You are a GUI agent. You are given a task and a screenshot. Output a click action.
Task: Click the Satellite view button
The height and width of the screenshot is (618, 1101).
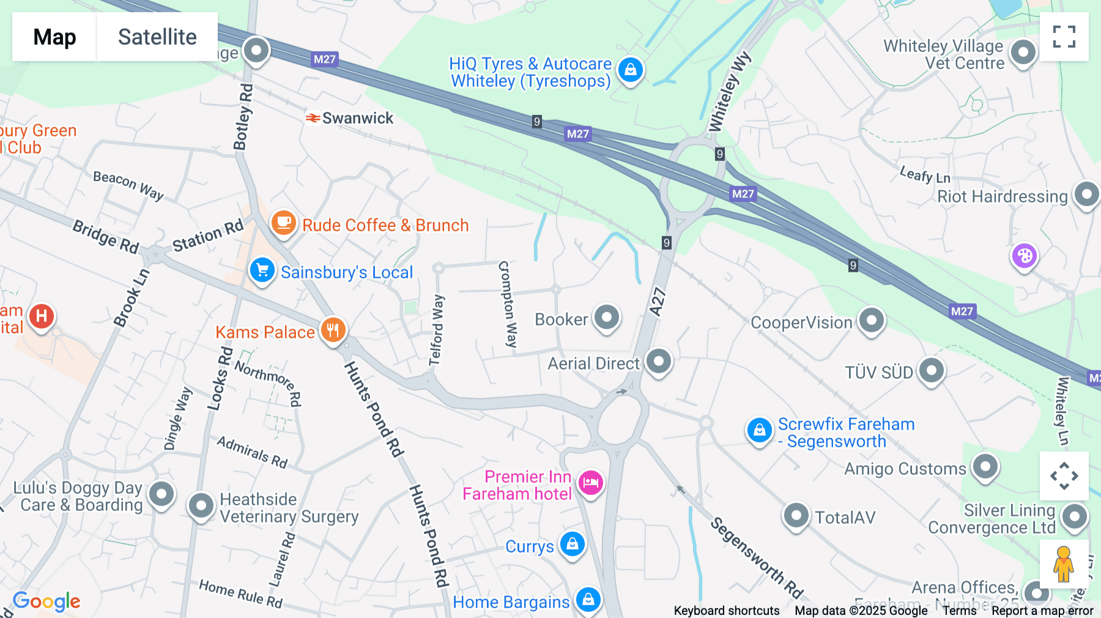pyautogui.click(x=157, y=37)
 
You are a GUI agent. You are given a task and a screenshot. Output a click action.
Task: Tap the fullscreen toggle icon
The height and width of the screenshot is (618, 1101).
pyautogui.click(x=1064, y=37)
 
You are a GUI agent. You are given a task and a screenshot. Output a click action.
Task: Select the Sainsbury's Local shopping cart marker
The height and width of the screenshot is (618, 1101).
pyautogui.click(x=262, y=270)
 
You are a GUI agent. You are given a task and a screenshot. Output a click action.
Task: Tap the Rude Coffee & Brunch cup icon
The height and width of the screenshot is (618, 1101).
pyautogui.click(x=283, y=223)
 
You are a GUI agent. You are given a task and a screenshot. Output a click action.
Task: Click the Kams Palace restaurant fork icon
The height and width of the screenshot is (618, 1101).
pyautogui.click(x=333, y=330)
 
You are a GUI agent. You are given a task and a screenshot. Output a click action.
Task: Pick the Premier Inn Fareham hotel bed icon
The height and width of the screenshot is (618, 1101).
pyautogui.click(x=590, y=483)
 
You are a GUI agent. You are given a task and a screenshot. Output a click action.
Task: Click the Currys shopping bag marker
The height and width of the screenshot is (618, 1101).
pyautogui.click(x=573, y=544)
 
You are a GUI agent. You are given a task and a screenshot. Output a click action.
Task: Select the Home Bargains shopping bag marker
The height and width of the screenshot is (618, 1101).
pyautogui.click(x=588, y=600)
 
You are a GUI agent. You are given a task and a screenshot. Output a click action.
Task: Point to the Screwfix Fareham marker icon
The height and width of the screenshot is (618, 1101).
pyautogui.click(x=759, y=431)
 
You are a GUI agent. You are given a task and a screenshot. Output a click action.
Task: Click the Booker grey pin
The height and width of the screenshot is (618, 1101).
pyautogui.click(x=607, y=318)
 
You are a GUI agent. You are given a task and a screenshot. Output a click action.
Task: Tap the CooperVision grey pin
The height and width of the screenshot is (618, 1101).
pyautogui.click(x=871, y=320)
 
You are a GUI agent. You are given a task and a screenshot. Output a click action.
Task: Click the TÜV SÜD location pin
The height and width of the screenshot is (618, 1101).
pyautogui.click(x=931, y=370)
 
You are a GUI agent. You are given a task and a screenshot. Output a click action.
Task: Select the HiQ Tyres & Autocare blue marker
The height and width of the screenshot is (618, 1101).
pyautogui.click(x=630, y=70)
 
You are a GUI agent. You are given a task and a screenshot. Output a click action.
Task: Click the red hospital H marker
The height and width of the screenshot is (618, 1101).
pyautogui.click(x=42, y=316)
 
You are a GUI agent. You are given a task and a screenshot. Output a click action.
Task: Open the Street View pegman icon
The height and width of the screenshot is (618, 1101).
pyautogui.click(x=1063, y=564)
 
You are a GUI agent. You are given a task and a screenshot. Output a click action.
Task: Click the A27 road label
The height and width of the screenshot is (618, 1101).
pyautogui.click(x=657, y=302)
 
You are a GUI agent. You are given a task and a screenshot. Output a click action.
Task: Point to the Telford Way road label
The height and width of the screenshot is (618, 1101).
pyautogui.click(x=436, y=330)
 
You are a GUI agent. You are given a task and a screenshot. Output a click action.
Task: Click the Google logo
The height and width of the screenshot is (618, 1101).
pyautogui.click(x=46, y=601)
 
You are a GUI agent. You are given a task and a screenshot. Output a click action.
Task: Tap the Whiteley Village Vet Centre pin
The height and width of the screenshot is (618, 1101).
pyautogui.click(x=1023, y=53)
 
